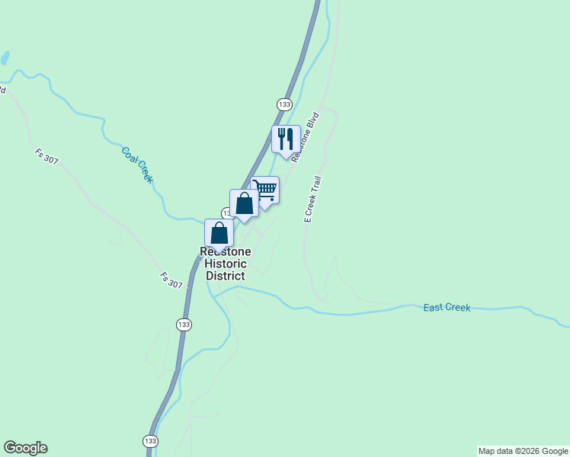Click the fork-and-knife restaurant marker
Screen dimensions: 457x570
286,139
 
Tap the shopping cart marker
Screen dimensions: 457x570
264,190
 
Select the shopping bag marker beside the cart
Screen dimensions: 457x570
244,204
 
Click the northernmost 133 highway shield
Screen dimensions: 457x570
284,104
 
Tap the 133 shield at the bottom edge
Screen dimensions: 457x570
150,441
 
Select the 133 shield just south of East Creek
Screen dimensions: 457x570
184,325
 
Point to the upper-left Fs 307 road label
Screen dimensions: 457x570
46,156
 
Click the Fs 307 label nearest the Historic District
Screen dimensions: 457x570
171,280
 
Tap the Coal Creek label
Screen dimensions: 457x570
137,164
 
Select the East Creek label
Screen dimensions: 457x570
447,308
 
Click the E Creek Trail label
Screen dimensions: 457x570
313,199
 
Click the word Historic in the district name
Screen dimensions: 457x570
225,264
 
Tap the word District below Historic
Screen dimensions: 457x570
225,276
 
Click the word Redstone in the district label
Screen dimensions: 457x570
225,251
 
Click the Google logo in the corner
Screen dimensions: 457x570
25,448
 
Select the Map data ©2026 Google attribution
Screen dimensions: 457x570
523,451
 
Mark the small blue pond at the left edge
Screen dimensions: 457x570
5,58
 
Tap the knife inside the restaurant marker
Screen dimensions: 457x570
290,139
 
